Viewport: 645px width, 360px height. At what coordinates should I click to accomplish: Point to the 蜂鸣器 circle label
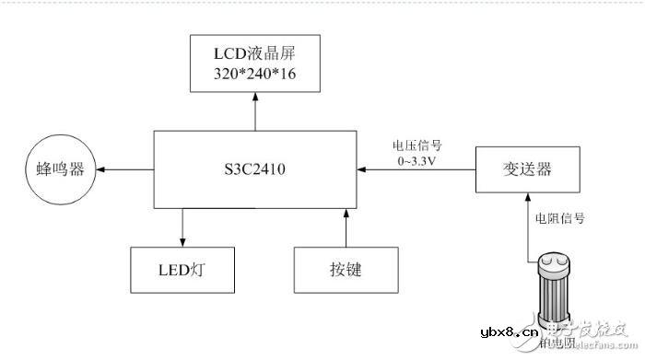[60, 169]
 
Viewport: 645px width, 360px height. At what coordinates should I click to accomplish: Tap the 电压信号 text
[416, 145]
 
